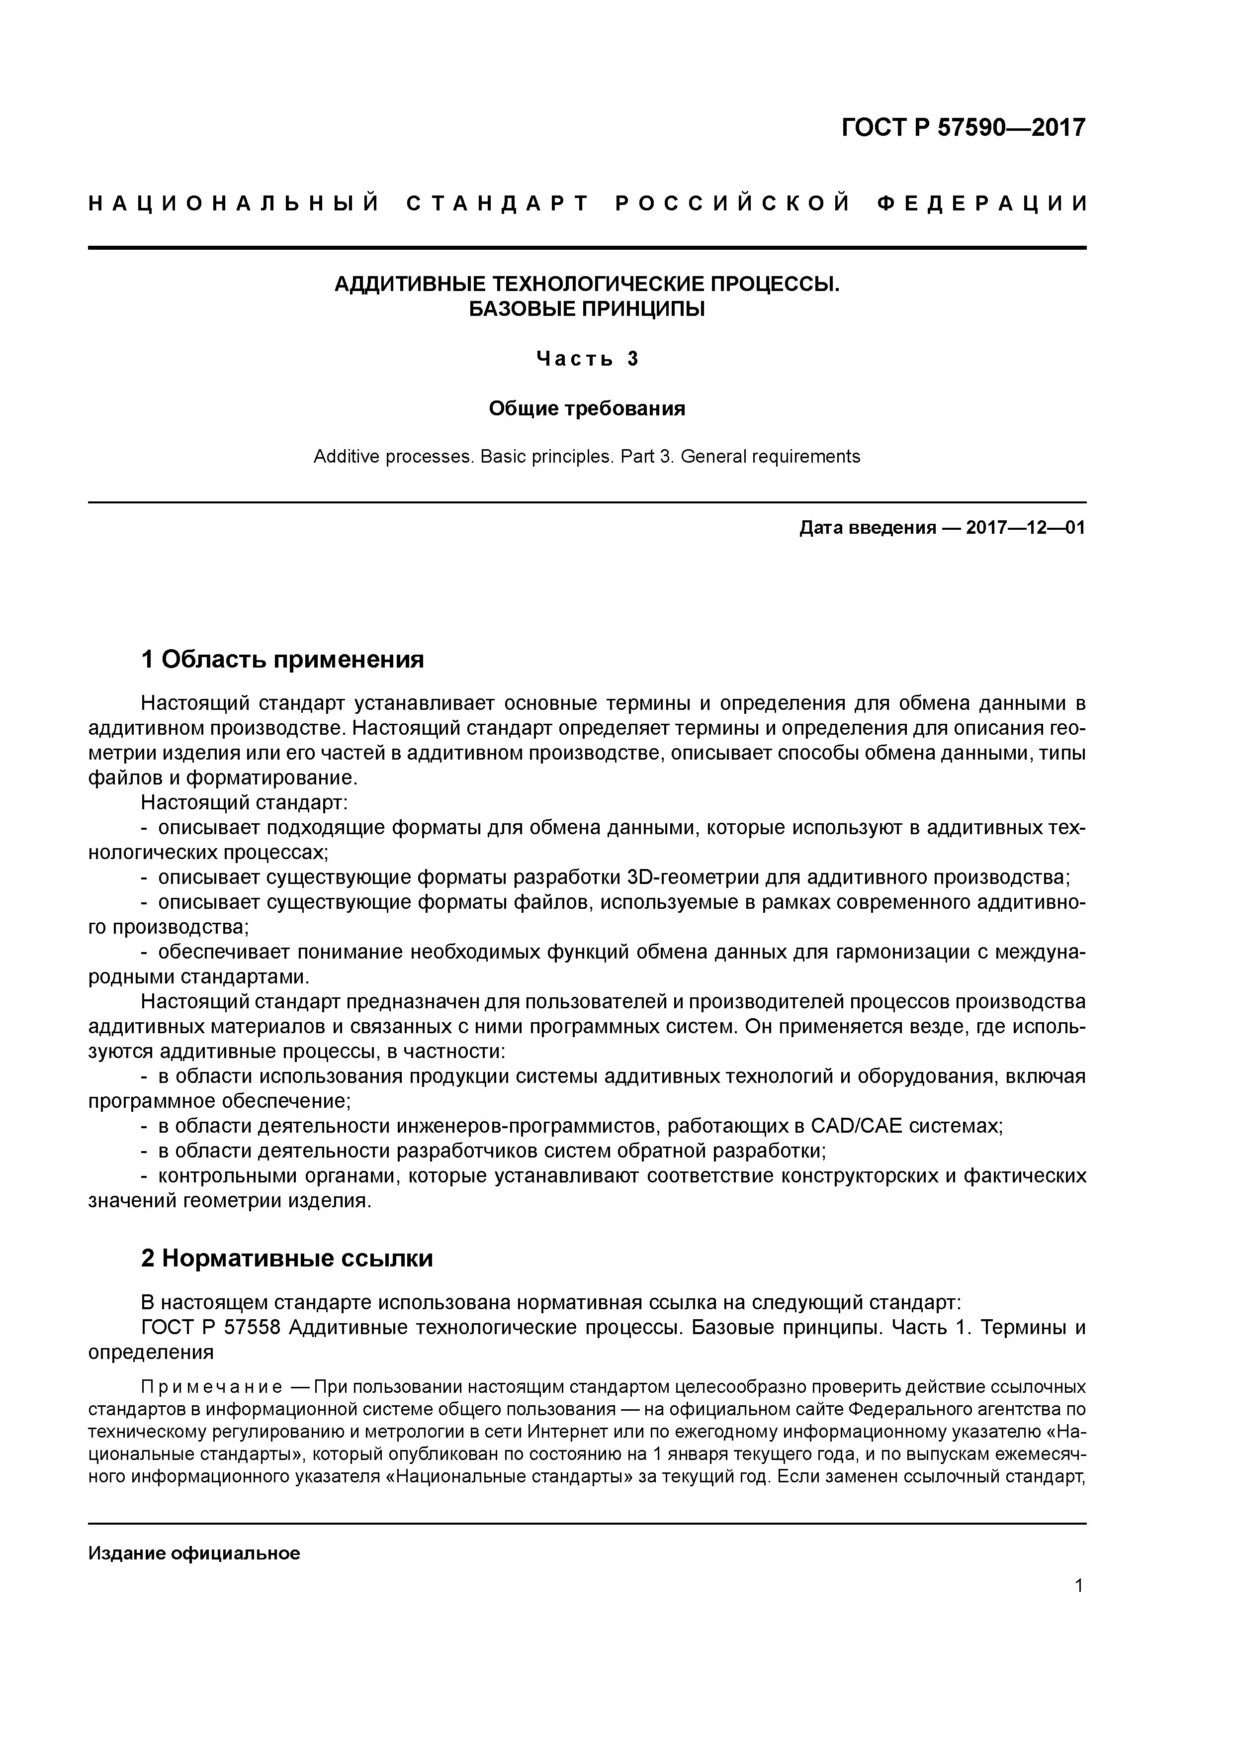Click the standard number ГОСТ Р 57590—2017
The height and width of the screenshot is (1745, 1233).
964,128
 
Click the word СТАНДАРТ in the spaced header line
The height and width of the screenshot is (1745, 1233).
498,203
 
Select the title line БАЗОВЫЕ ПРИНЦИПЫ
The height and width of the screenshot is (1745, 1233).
587,309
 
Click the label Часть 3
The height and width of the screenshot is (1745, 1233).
587,359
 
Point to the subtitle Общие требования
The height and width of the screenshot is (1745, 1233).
587,409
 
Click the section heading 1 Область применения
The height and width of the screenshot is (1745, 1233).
282,659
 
